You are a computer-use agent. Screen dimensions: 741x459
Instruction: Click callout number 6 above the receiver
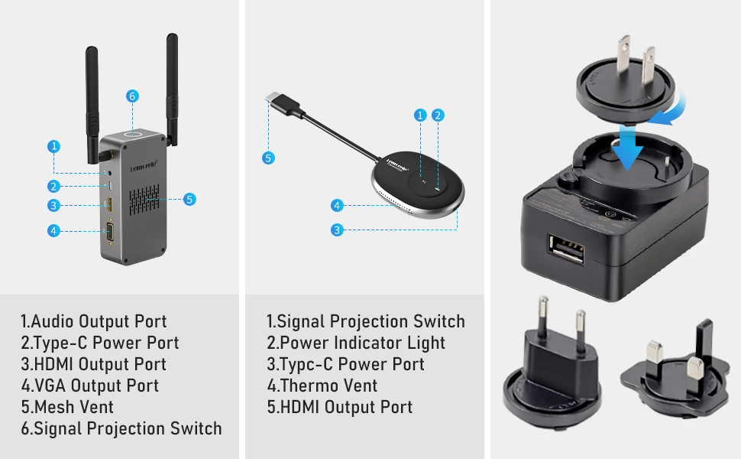click(132, 96)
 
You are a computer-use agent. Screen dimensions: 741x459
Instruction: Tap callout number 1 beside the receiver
click(53, 145)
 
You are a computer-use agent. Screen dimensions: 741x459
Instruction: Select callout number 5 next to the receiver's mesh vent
click(189, 199)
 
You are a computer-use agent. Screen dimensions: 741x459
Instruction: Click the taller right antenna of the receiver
click(172, 84)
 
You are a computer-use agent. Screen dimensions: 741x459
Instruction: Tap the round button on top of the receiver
click(136, 135)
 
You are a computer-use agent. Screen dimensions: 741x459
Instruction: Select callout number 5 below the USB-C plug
click(268, 158)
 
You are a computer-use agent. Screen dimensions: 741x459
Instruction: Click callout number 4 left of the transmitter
click(337, 205)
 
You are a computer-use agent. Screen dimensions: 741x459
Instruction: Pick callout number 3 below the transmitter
click(337, 229)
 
